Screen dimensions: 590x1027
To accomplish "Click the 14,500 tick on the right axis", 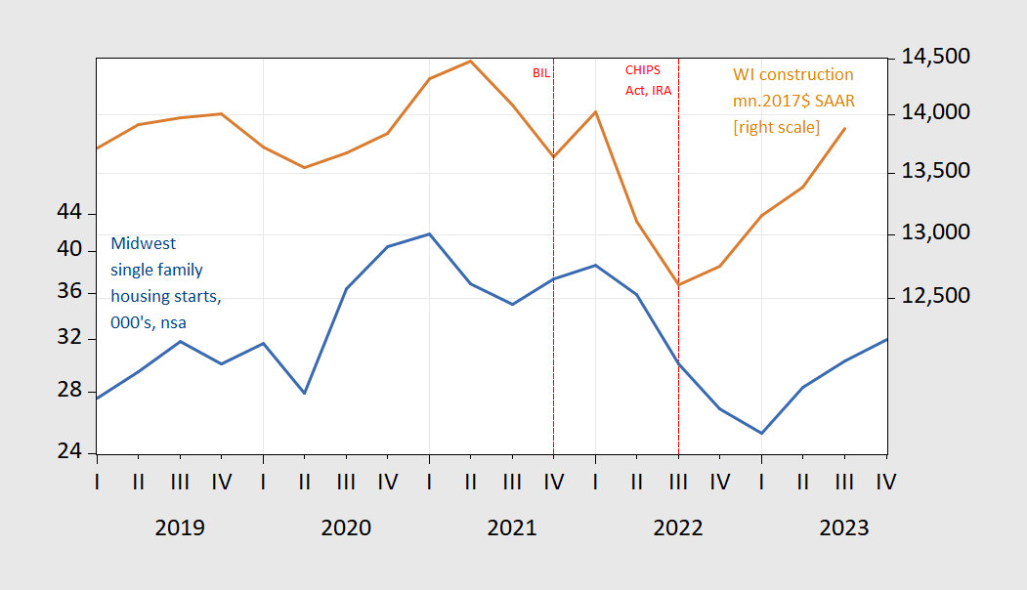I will pos(934,58).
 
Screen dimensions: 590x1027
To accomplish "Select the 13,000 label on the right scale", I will pos(934,233).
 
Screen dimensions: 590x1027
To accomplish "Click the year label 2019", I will pos(180,527).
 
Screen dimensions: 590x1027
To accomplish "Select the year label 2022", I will pos(678,527).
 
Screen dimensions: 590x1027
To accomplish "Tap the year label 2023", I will pos(844,527).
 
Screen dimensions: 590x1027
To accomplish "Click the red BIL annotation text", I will pos(541,73).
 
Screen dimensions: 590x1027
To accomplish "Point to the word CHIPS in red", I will pos(643,70).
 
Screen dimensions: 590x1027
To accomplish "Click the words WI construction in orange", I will pos(793,75).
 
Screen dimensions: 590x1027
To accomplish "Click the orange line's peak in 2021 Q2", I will pos(471,61).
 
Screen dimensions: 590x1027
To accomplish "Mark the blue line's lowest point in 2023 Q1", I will pos(761,433).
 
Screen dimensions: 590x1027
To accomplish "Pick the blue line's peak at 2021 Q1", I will pos(429,234).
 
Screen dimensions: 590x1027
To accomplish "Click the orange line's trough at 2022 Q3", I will pos(678,285).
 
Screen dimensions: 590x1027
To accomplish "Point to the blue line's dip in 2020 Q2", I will pos(305,394).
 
